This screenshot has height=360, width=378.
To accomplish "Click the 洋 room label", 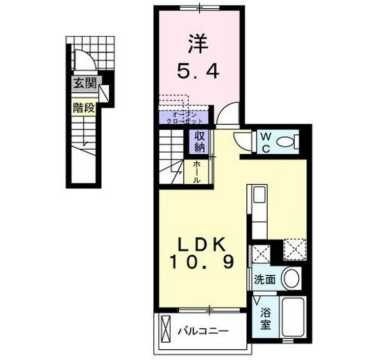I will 198,44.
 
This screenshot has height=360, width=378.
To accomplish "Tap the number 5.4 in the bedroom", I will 198,71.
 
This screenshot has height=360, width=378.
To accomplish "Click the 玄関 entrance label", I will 84,84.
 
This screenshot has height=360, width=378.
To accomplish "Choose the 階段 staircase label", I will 84,108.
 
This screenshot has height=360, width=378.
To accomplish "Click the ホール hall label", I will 197,172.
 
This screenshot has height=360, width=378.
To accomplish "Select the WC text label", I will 267,141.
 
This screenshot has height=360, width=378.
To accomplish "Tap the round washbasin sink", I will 292,279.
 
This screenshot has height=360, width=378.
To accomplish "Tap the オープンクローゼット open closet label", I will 183,118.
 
